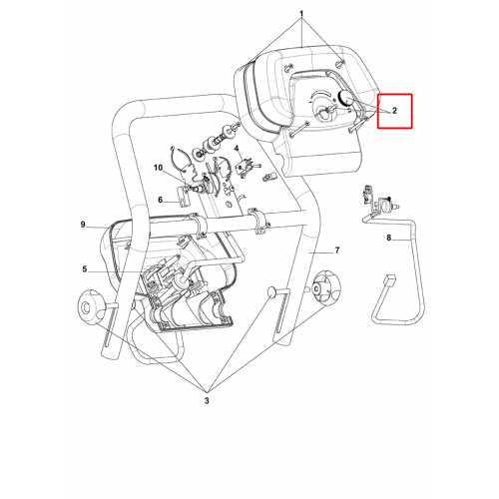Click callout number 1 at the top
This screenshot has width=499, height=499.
301,14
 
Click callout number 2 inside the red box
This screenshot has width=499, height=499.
394,111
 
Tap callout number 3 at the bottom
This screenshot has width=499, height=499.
207,400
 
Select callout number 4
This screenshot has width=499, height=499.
237,148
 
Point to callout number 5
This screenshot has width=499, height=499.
85,268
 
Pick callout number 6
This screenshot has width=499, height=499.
161,200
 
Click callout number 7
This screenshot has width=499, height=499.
337,249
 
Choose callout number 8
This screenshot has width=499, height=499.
388,238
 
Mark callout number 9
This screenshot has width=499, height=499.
83,225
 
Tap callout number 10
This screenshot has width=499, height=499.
158,168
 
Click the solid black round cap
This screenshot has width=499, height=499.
345,97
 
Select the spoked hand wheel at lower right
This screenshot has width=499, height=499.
327,288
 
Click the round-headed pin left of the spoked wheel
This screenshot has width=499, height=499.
273,291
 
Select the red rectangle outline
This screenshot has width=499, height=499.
395,111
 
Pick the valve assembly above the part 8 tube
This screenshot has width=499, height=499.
379,200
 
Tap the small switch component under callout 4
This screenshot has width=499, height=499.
245,167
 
